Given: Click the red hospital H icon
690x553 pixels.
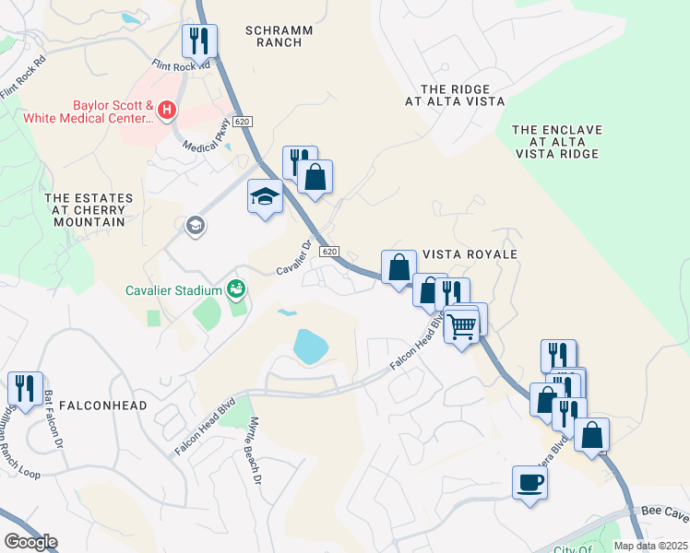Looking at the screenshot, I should (167, 112).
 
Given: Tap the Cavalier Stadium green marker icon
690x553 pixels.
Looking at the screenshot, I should (236, 290).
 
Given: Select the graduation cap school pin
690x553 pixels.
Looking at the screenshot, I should (265, 196).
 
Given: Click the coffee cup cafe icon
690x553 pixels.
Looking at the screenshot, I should (529, 482).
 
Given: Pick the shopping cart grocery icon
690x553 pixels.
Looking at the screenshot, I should (461, 324).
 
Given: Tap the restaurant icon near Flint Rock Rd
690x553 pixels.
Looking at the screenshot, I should (199, 41).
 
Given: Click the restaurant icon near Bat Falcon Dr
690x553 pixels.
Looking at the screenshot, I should (23, 387).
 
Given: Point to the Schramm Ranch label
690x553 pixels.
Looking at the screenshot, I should (280, 37).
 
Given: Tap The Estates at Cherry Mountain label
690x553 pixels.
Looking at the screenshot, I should (89, 210).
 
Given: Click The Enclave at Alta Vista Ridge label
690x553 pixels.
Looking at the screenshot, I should (556, 143).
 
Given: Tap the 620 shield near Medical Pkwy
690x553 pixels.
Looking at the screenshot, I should (242, 122).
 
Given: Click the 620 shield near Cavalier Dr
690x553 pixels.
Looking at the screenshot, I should (329, 252).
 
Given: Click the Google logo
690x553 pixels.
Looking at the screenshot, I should (30, 542).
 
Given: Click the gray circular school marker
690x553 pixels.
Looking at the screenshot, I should (195, 225).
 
